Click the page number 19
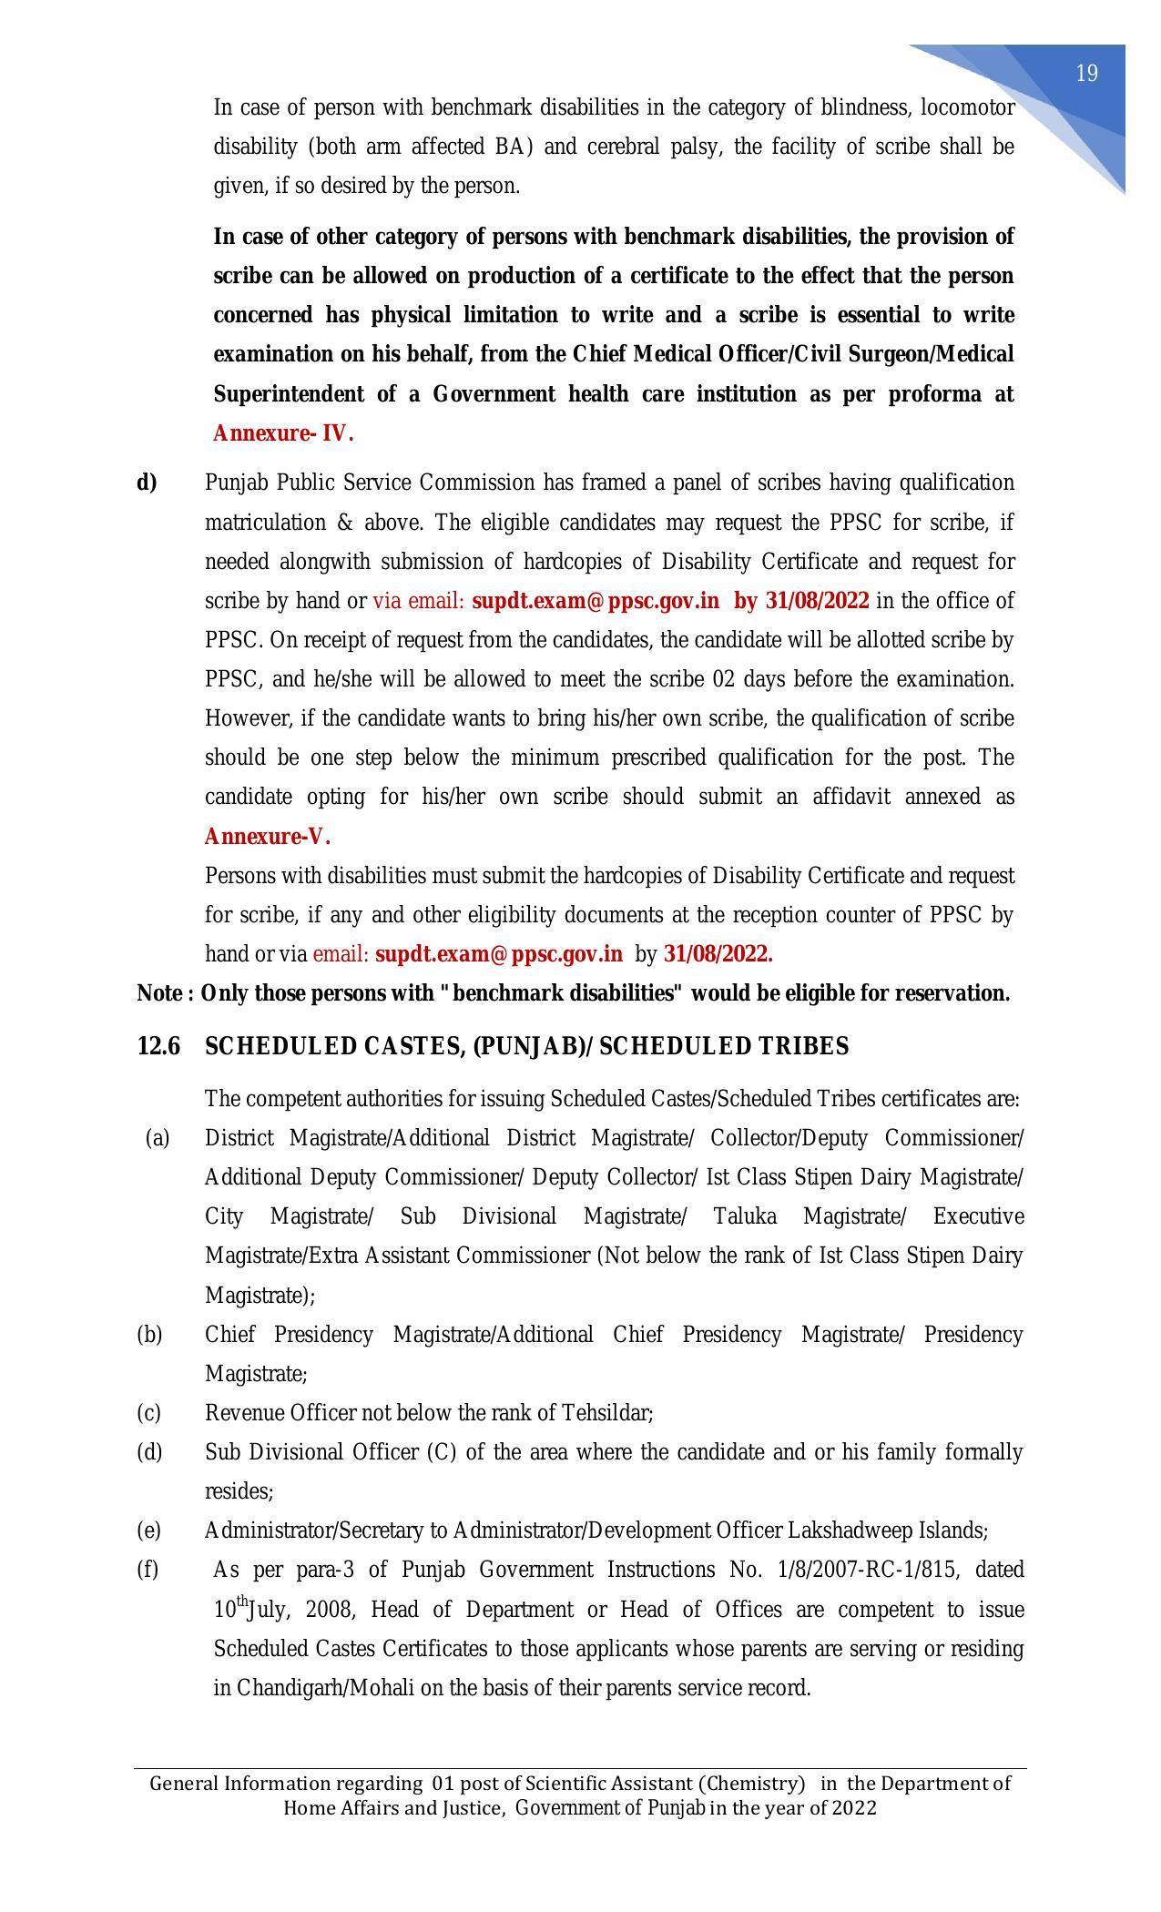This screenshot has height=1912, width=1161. [1086, 74]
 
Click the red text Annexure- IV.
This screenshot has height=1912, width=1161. [283, 433]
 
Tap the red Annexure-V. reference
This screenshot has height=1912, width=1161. [267, 837]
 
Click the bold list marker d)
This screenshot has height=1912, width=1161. [147, 483]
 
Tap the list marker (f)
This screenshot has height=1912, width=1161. [148, 1570]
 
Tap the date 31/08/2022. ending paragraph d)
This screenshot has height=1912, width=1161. [718, 954]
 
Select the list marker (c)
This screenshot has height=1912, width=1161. [148, 1413]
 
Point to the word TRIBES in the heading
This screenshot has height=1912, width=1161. [803, 1047]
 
